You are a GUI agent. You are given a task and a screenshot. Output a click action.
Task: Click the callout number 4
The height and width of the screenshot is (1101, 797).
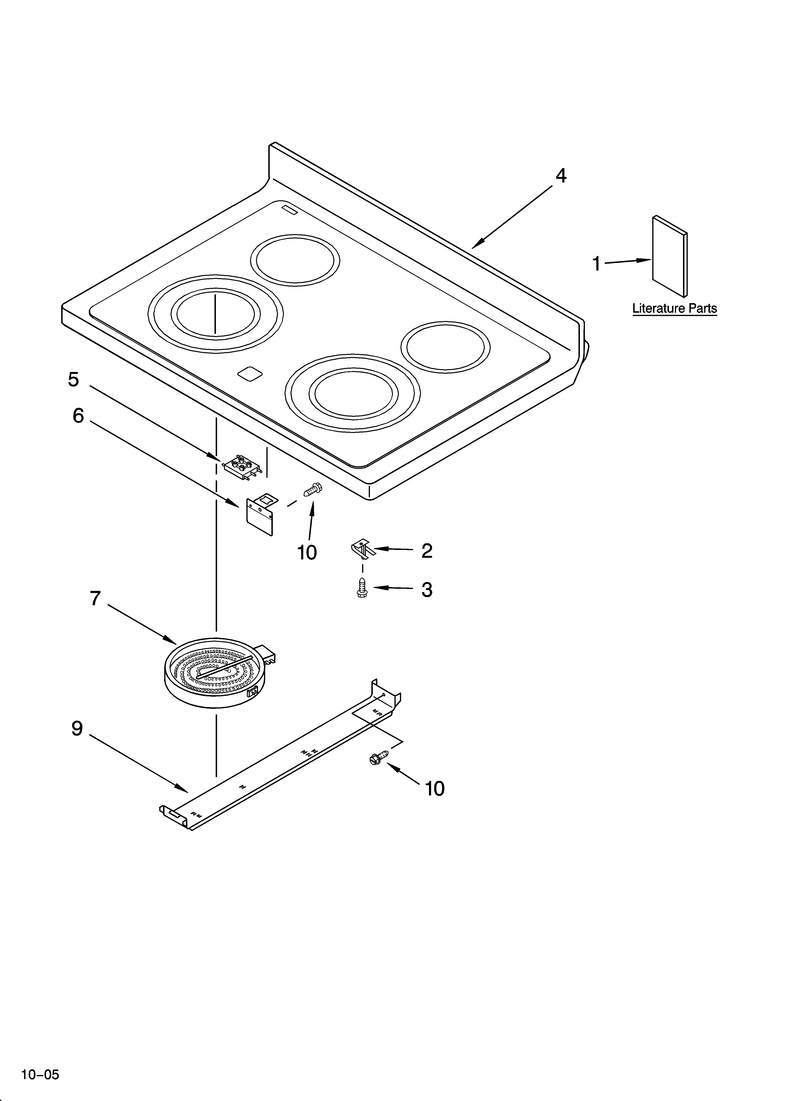[561, 176]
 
